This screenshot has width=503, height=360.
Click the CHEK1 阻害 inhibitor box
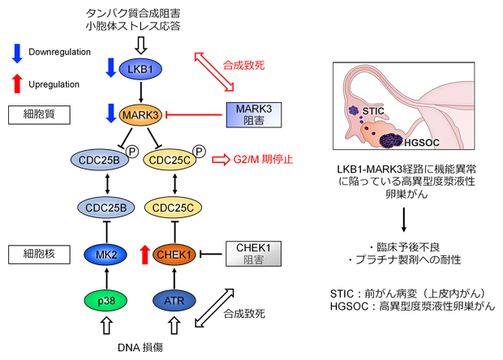point(253,255)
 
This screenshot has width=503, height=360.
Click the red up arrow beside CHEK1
point(145,255)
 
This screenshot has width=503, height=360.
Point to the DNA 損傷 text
point(141,347)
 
